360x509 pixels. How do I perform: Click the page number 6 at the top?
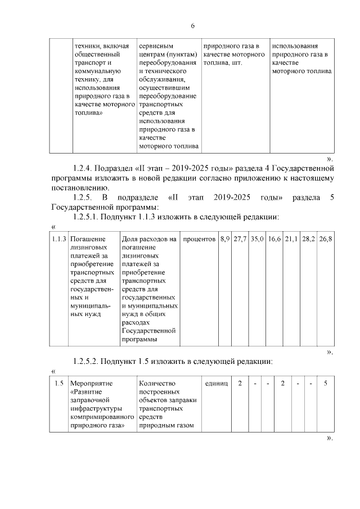tap(192, 26)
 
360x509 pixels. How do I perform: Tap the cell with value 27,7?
tap(240, 239)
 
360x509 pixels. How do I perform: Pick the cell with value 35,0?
tap(257, 239)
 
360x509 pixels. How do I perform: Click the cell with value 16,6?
tap(274, 239)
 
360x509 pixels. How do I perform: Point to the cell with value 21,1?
tap(291, 239)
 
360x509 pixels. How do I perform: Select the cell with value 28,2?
tap(308, 239)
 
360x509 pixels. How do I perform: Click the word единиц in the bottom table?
tap(216, 383)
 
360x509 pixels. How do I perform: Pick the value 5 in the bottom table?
tap(326, 383)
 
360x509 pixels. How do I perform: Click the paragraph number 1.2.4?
tap(83, 168)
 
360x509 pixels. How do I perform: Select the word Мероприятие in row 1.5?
tap(92, 383)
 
